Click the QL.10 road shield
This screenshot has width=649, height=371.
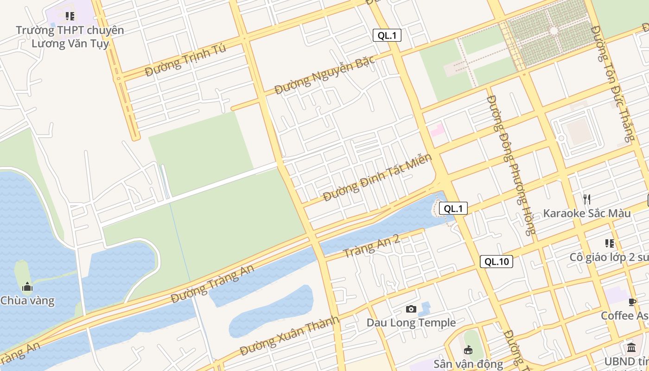[x=496, y=262]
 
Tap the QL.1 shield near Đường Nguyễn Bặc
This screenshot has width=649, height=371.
[x=387, y=35]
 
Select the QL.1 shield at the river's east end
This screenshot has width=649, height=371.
[x=453, y=209]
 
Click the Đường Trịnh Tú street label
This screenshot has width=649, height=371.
[x=185, y=61]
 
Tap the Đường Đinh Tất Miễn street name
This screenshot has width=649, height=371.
[x=377, y=178]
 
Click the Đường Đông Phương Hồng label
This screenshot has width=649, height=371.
[x=511, y=165]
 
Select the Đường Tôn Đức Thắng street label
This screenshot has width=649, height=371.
[x=612, y=83]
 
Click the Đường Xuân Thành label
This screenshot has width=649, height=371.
[x=289, y=336]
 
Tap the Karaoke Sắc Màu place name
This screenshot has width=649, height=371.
[x=587, y=213]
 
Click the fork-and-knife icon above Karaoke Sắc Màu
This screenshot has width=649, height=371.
[x=587, y=199]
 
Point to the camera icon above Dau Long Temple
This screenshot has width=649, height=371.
[x=411, y=309]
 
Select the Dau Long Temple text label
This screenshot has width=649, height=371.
[x=411, y=323]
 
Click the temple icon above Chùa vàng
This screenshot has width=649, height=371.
[x=27, y=287]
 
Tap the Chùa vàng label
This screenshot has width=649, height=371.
[x=27, y=301]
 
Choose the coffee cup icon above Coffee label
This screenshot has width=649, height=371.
[x=632, y=302]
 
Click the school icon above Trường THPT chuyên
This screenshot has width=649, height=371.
[x=70, y=17]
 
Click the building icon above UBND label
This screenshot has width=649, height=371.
[x=631, y=347]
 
